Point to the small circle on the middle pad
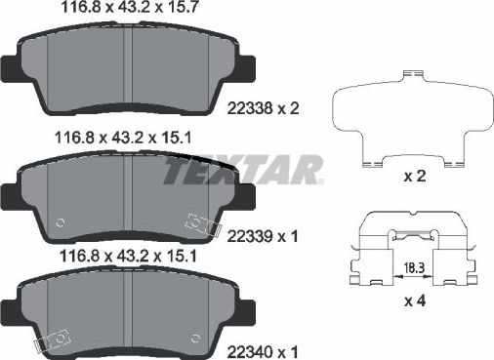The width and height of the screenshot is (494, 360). (60, 222)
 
